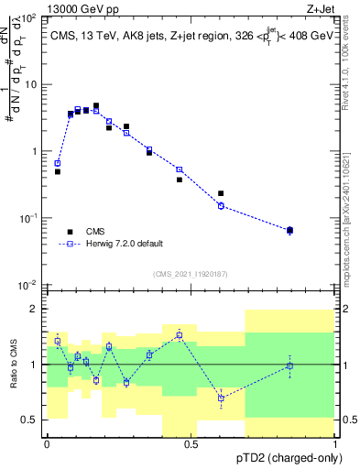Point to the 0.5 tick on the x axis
[191, 438]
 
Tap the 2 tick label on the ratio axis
[35, 310]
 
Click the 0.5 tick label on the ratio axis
[30, 420]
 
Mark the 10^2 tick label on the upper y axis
[29, 18]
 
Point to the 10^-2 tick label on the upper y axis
[29, 285]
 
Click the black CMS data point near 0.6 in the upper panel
[221, 193]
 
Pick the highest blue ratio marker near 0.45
[180, 335]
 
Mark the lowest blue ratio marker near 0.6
[221, 398]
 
